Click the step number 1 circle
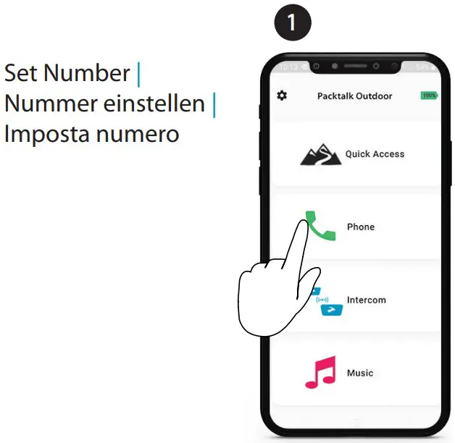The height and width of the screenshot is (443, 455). pyautogui.click(x=292, y=22)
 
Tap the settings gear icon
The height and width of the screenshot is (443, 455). pyautogui.click(x=282, y=96)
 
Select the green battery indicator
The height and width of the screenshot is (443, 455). pyautogui.click(x=429, y=96)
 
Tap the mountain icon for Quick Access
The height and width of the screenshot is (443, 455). pyautogui.click(x=321, y=154)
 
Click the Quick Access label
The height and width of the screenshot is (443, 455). pyautogui.click(x=375, y=154)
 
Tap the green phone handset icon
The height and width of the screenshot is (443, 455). pyautogui.click(x=321, y=226)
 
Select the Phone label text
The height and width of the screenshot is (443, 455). pyautogui.click(x=361, y=227)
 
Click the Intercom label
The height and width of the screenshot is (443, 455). pyautogui.click(x=366, y=300)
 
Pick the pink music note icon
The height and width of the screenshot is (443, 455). pyautogui.click(x=320, y=373)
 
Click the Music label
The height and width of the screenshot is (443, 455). pyautogui.click(x=360, y=373)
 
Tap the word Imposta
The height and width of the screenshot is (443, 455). pyautogui.click(x=48, y=135)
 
